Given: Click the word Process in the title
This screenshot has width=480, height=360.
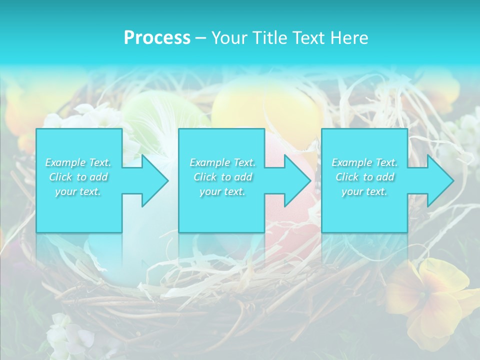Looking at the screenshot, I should click(157, 37).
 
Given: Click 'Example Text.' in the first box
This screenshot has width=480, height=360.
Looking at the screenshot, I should click(78, 162).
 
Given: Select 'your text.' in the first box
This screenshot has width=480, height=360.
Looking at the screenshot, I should click(78, 191).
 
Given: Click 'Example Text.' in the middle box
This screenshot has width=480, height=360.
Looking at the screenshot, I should click(222, 162).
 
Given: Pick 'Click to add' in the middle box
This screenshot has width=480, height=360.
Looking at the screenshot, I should click(222, 177).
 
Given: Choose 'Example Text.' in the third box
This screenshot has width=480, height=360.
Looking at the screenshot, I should click(364, 162).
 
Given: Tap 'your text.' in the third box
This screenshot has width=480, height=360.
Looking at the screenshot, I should click(364, 191).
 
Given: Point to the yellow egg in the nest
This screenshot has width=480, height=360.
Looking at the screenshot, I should click(267, 107).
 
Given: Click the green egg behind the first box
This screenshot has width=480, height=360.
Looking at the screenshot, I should click(155, 110).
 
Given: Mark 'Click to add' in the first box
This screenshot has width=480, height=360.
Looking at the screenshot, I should click(78, 177).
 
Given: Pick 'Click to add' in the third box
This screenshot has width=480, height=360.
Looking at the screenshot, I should click(364, 177).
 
